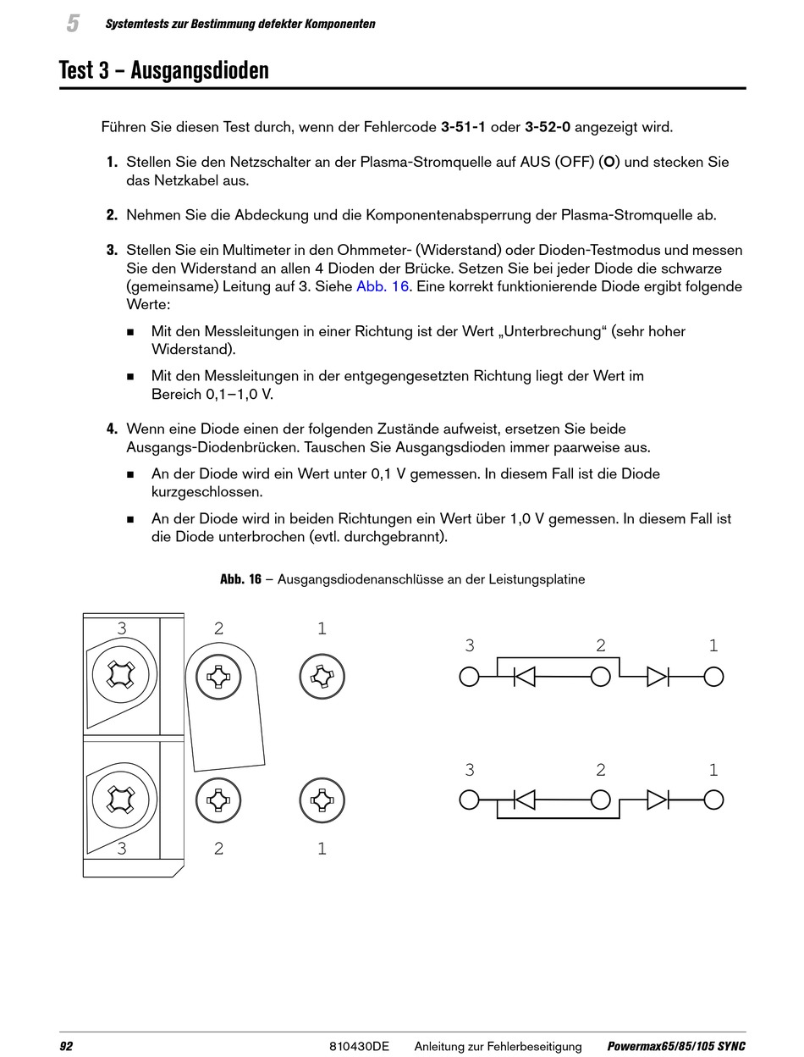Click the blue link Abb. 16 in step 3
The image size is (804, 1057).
pos(383,286)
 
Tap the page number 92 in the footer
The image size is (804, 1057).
pos(66,1047)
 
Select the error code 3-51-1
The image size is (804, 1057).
pos(464,127)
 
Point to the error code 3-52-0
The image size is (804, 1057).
pos(548,127)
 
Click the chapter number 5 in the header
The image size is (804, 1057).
pos(73,24)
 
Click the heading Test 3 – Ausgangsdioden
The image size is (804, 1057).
pos(164,69)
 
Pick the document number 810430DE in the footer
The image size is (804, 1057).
pos(359,1047)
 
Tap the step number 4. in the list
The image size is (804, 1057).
pos(112,429)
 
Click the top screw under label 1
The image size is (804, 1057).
pos(322,677)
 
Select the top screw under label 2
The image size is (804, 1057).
pos(218,677)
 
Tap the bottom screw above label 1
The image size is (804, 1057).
pos(322,800)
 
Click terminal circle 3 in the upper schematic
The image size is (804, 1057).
pos(469,677)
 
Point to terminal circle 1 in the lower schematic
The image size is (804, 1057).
pos(713,800)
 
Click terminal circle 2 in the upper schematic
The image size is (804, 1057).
pos(601,677)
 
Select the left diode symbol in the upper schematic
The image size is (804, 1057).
pos(525,677)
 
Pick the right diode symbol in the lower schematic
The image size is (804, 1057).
pos(658,800)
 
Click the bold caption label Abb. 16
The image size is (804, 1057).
pos(240,579)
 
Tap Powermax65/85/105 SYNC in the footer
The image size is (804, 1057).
pos(676,1047)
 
